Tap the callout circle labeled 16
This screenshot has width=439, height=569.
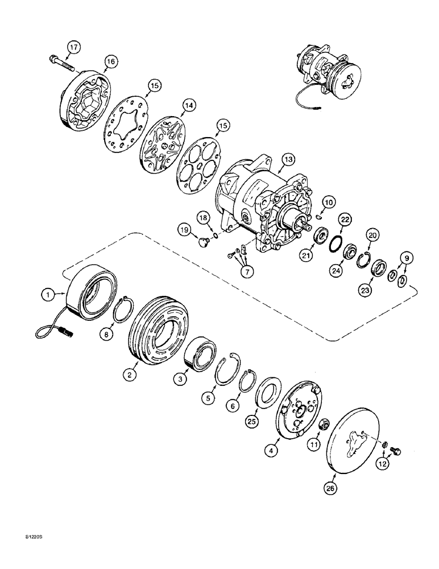[x=110, y=62]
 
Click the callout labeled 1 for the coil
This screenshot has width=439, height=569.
[x=49, y=294]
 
